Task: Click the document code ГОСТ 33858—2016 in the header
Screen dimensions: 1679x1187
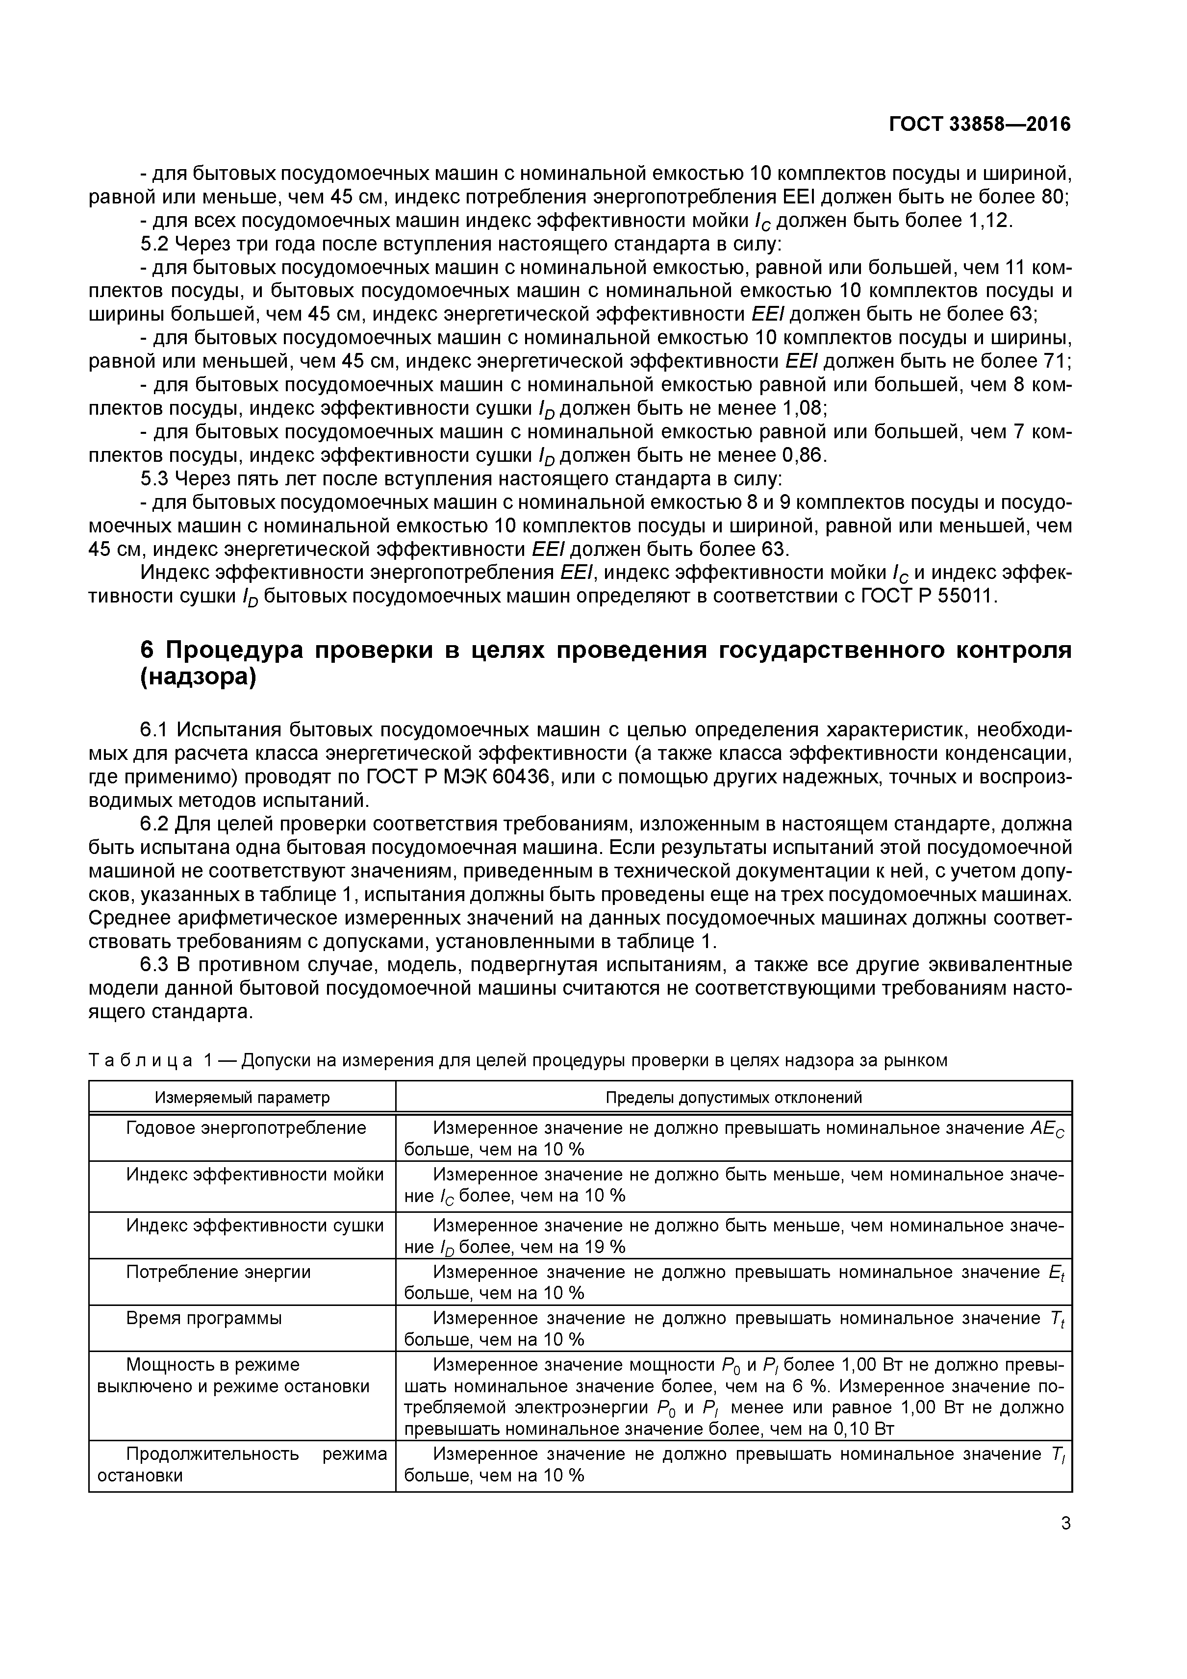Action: (x=979, y=125)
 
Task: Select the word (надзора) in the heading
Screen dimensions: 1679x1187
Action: (x=198, y=678)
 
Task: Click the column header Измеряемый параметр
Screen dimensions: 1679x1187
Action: (x=242, y=1098)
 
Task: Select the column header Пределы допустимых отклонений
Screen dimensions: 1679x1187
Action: (x=733, y=1098)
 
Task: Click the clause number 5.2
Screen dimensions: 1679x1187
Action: (x=154, y=244)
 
